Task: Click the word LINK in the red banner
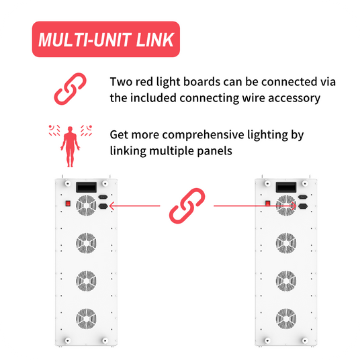click(x=155, y=40)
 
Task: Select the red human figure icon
click(x=70, y=146)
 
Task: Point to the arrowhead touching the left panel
click(x=111, y=206)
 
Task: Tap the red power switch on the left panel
click(x=68, y=204)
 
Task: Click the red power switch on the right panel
click(x=268, y=204)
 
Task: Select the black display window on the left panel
click(x=87, y=187)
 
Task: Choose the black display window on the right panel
click(x=286, y=187)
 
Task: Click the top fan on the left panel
click(x=86, y=206)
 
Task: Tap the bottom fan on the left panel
click(x=86, y=318)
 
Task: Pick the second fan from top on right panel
click(x=286, y=243)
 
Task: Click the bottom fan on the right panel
click(x=286, y=318)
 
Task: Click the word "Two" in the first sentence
click(x=121, y=82)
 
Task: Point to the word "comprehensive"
click(x=203, y=135)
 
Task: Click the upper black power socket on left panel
click(x=103, y=197)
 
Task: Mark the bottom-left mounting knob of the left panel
click(x=67, y=341)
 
